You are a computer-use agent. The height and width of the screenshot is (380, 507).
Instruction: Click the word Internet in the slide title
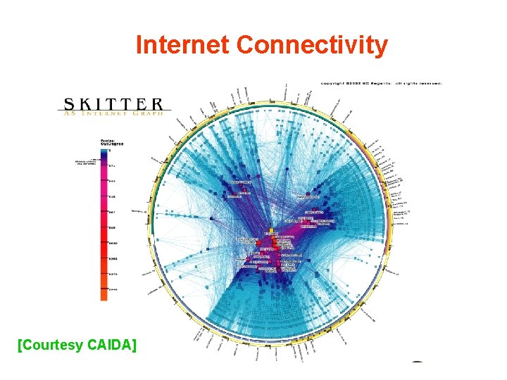coord(184,45)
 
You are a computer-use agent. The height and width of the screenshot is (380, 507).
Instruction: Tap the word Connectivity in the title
coord(313,45)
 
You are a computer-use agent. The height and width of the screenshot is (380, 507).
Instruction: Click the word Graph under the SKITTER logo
coord(151,112)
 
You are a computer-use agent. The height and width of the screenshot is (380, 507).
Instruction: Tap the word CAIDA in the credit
coord(113,345)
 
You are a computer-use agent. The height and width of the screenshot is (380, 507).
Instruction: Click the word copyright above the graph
coord(333,83)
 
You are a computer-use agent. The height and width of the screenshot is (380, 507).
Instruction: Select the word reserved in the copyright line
coord(427,83)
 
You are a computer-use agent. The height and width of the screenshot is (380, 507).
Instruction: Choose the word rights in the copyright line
coord(408,83)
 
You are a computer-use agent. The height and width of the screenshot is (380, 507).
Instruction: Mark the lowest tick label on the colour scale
coord(113,289)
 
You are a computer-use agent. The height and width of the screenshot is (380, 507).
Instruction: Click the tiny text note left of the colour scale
coord(87,160)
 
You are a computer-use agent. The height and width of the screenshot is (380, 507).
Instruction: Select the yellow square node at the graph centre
coord(272,230)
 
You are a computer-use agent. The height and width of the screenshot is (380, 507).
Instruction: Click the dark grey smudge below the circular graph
coord(418,362)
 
